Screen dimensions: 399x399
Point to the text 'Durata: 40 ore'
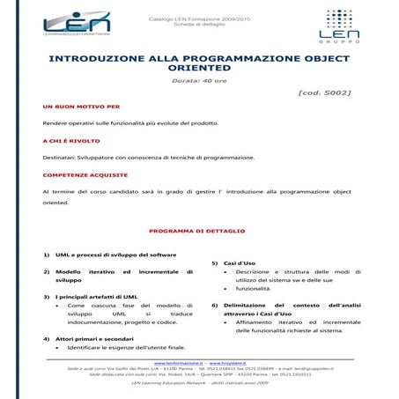point(199,80)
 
